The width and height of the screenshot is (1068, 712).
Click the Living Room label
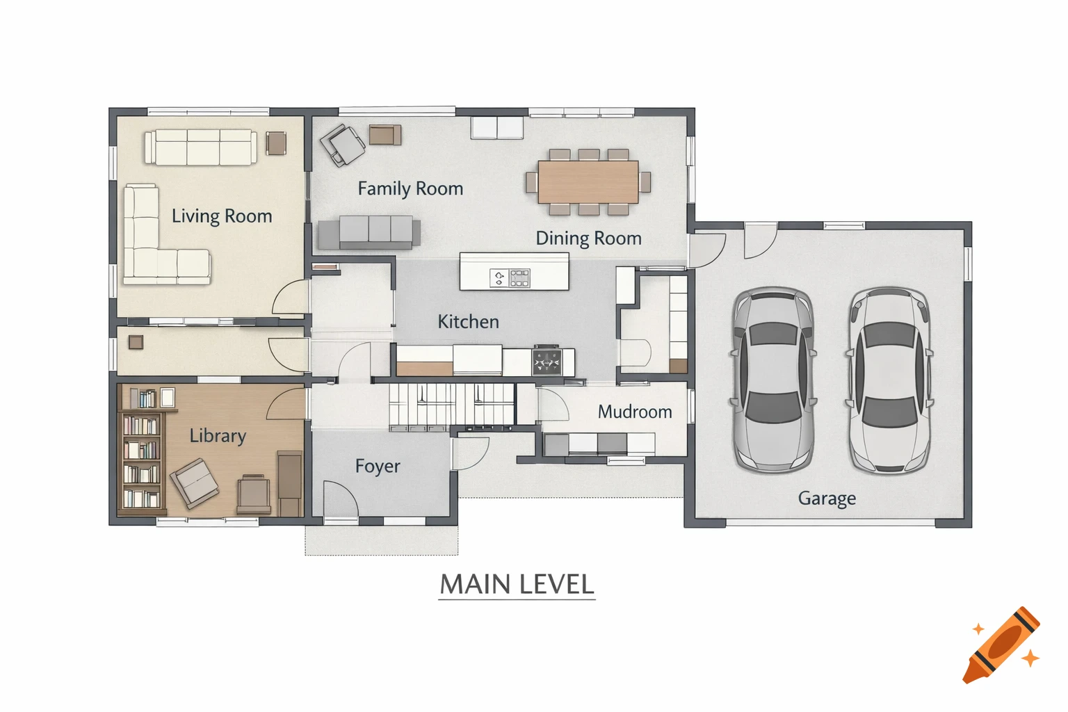(x=222, y=216)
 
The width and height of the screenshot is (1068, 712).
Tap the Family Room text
(x=410, y=188)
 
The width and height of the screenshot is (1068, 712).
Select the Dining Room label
(x=588, y=238)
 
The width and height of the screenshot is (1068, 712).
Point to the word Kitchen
(x=468, y=322)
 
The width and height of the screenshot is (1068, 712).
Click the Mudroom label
(x=635, y=412)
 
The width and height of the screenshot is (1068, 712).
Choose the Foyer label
(x=378, y=466)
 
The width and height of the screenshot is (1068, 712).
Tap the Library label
(x=218, y=436)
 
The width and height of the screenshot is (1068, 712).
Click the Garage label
(x=827, y=499)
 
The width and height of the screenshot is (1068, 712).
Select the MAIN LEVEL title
(x=517, y=585)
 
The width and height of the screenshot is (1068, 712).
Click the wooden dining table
(x=588, y=181)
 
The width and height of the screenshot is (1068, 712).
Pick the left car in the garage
(x=772, y=380)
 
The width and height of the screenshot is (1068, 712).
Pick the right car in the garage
(x=889, y=380)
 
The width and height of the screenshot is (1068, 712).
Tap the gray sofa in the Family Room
(x=369, y=232)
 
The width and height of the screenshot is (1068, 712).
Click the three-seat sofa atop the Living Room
(x=201, y=147)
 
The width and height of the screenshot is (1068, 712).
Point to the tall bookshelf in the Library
(x=142, y=460)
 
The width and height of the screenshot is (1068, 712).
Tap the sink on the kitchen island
(x=499, y=278)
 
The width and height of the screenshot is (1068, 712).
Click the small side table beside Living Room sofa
(x=276, y=143)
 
